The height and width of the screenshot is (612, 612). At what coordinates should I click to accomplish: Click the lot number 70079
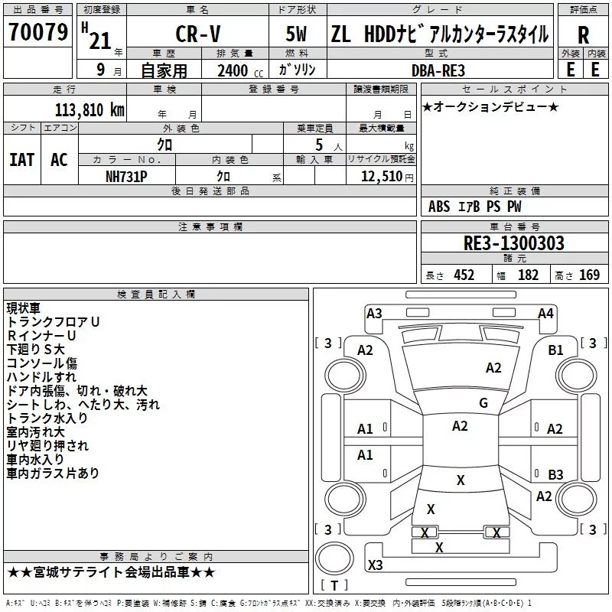pos(37,33)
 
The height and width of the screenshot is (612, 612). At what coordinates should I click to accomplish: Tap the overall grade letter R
pos(583,35)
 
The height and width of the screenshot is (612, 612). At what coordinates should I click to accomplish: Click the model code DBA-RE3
pos(437,70)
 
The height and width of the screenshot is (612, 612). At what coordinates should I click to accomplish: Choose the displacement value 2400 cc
pos(236,70)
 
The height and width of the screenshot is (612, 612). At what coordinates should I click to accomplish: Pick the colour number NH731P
pos(128,177)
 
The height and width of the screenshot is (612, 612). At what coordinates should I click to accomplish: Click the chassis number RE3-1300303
pos(514,244)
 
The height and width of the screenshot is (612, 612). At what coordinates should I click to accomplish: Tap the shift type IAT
pos(22,160)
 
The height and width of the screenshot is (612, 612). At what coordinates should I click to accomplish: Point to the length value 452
pos(464,275)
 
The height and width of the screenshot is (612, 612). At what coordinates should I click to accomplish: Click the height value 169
pos(589,275)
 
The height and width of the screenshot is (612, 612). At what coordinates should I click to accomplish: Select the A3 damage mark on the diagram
pos(374,313)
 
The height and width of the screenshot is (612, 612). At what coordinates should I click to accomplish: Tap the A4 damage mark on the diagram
pos(545,313)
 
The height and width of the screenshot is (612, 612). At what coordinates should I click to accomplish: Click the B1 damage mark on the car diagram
pos(556,350)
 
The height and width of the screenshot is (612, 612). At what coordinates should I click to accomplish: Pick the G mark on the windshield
pos(483,403)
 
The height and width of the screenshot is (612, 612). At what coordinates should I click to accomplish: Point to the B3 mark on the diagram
pos(556,474)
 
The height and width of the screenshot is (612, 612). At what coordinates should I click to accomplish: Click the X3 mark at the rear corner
pos(376,565)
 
